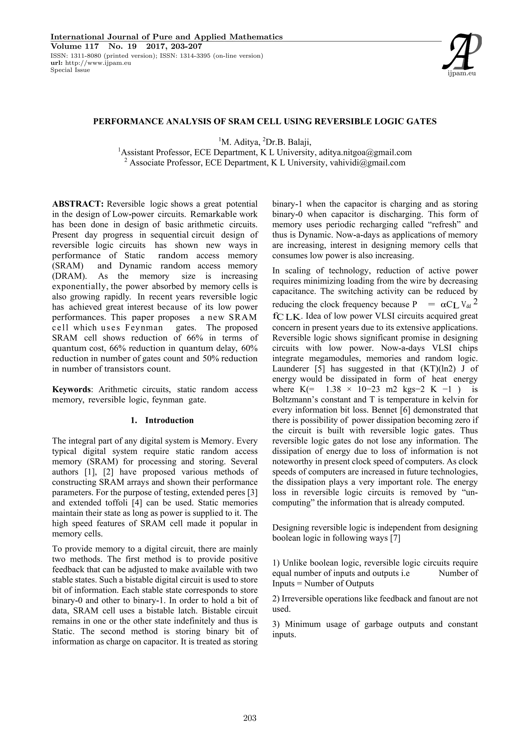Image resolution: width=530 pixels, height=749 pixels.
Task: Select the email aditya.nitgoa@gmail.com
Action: click(x=365, y=152)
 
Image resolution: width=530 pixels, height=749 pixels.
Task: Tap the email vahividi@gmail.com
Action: click(x=367, y=163)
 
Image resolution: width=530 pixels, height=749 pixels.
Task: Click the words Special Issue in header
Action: click(x=70, y=70)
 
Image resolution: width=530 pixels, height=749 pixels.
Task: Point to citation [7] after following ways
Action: click(x=395, y=538)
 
